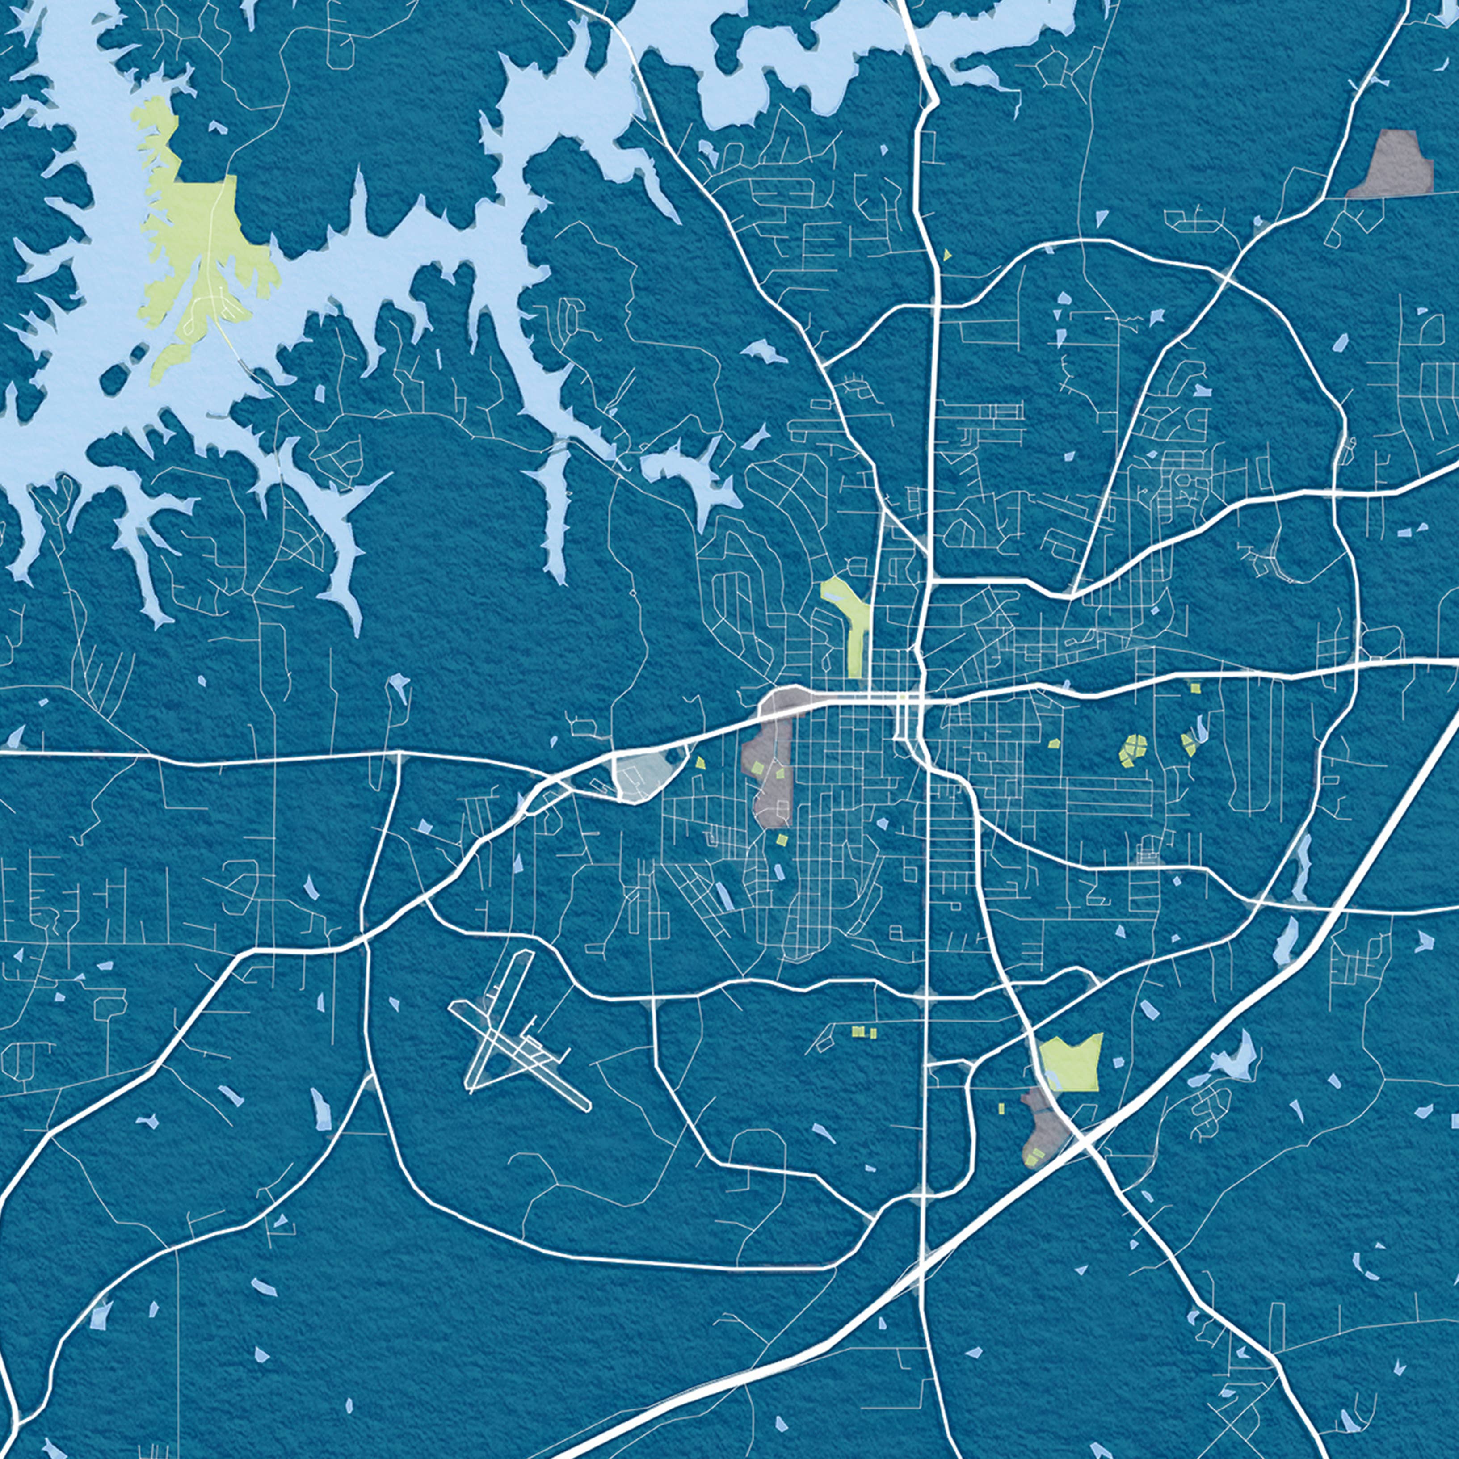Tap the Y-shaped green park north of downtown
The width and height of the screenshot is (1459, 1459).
(854, 619)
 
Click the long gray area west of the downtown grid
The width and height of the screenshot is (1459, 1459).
(770, 778)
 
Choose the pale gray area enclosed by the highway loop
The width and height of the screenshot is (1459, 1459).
(642, 774)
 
